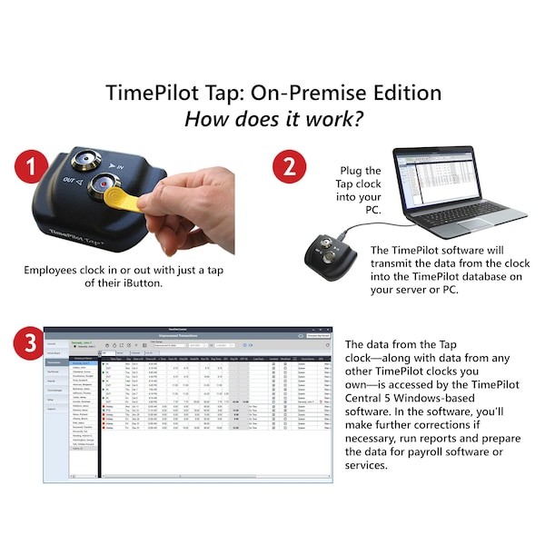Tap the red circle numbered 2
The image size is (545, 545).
click(290, 167)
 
